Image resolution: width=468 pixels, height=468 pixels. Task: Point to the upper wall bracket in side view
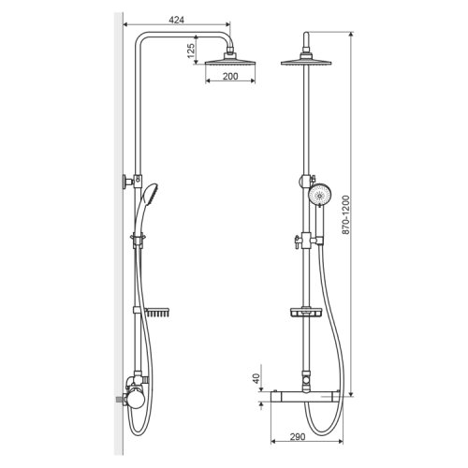pyautogui.click(x=128, y=182)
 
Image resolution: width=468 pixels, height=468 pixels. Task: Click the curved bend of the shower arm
pyautogui.click(x=142, y=38)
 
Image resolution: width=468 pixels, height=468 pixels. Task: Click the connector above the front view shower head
pyautogui.click(x=308, y=45)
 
